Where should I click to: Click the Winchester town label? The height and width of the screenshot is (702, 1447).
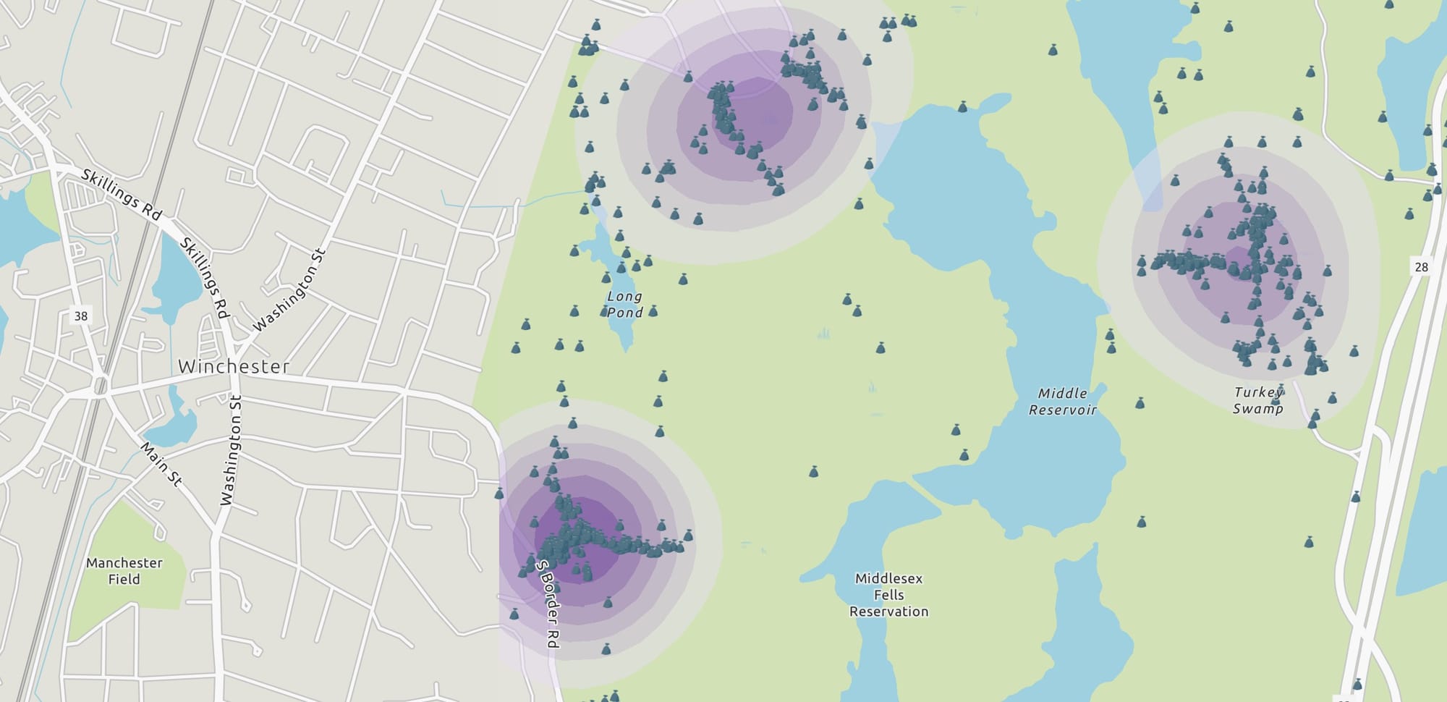[234, 366]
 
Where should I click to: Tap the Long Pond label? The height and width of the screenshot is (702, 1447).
[624, 304]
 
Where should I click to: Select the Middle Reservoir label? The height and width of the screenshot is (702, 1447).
[1063, 402]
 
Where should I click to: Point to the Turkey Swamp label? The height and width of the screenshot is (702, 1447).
[1258, 400]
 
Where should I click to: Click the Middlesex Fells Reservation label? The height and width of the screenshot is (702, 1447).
[888, 595]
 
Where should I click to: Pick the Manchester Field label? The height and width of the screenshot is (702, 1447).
[124, 570]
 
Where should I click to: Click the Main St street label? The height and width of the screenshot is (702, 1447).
[161, 463]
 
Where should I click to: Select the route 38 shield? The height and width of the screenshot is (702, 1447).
[80, 316]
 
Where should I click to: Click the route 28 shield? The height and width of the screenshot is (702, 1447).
[1421, 267]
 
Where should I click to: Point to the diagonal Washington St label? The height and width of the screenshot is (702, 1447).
[290, 289]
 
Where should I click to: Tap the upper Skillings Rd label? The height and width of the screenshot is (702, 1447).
[121, 193]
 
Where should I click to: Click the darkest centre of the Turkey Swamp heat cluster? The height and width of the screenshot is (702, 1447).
[1239, 261]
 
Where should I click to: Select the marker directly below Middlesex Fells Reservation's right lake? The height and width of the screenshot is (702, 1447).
[1357, 684]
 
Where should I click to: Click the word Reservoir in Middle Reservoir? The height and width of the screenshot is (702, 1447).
[1063, 410]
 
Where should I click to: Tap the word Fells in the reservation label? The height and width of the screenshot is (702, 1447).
[888, 595]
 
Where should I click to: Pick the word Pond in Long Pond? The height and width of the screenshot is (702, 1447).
[624, 313]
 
